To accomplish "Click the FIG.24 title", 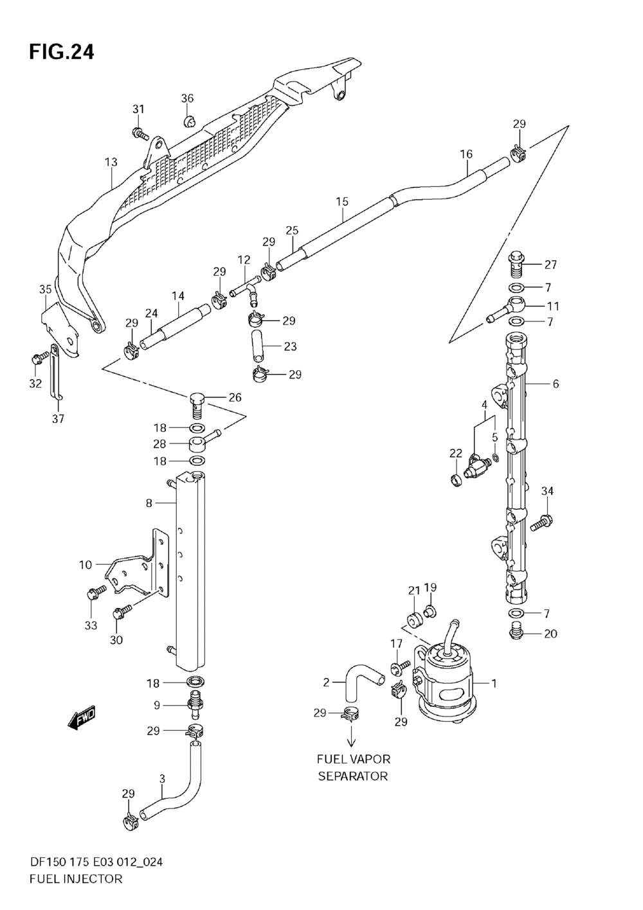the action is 61,53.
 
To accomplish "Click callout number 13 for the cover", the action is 111,162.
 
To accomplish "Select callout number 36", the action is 187,98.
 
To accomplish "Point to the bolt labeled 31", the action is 140,133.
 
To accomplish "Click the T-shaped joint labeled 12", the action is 247,290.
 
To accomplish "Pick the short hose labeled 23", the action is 257,346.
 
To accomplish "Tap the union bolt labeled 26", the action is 198,405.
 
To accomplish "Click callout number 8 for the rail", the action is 149,503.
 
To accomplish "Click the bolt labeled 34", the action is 541,521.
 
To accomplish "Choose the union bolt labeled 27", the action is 516,264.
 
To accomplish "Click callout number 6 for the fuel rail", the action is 556,384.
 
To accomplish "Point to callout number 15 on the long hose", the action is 342,202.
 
